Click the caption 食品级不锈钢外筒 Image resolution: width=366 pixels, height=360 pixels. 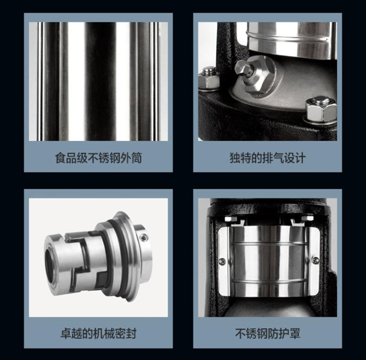pos(98,158)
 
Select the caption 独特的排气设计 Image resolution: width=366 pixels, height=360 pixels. pos(267,158)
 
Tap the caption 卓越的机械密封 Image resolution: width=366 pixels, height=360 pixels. pos(98,334)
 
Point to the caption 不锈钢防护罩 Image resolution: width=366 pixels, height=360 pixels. pos(267,334)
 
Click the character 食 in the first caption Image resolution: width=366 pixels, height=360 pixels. pos(60,158)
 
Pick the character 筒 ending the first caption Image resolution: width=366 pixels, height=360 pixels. pos(136,158)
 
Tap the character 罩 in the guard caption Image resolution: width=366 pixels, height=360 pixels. pos(295,334)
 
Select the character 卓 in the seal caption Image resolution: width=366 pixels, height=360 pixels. pos(66,334)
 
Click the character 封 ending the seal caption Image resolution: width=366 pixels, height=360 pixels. pos(131,334)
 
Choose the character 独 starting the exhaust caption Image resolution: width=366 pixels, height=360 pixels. pos(235,158)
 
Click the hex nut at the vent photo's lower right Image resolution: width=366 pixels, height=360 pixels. pos(321,109)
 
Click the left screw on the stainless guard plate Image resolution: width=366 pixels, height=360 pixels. pos(223,261)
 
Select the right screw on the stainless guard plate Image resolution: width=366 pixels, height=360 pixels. pos(316,260)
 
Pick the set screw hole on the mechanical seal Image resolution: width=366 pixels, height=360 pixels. pos(143,237)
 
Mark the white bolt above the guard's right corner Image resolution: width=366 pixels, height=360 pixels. pos(307,218)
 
